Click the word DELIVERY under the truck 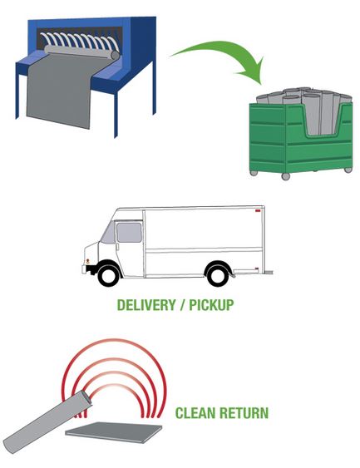tap(146, 305)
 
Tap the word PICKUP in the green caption tap(211, 305)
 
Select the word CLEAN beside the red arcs tap(195, 413)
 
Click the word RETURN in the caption tap(244, 413)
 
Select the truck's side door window tap(129, 233)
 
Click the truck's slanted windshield tap(108, 232)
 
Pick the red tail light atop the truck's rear tap(258, 210)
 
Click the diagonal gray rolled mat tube tap(47, 421)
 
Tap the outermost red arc tap(114, 340)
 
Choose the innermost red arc tap(115, 386)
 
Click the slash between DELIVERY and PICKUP tap(182, 305)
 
